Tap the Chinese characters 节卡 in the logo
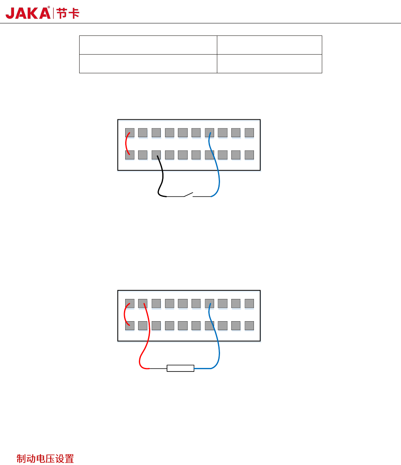click(68, 13)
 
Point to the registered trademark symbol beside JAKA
click(49, 7)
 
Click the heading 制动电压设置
click(45, 459)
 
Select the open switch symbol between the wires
click(188, 194)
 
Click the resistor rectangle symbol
click(180, 368)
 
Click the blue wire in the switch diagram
click(217, 172)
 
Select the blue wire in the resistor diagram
click(217, 343)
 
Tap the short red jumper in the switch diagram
click(126, 144)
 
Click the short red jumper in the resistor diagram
click(125, 314)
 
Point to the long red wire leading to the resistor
click(147, 339)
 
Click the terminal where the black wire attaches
click(156, 155)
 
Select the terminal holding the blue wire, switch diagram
click(209, 133)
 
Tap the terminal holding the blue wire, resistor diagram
click(209, 304)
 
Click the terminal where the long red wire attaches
click(143, 304)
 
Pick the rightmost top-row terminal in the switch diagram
click(249, 133)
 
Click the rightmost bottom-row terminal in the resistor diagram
click(249, 325)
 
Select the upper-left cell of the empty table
click(148, 45)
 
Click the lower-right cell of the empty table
click(269, 64)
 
